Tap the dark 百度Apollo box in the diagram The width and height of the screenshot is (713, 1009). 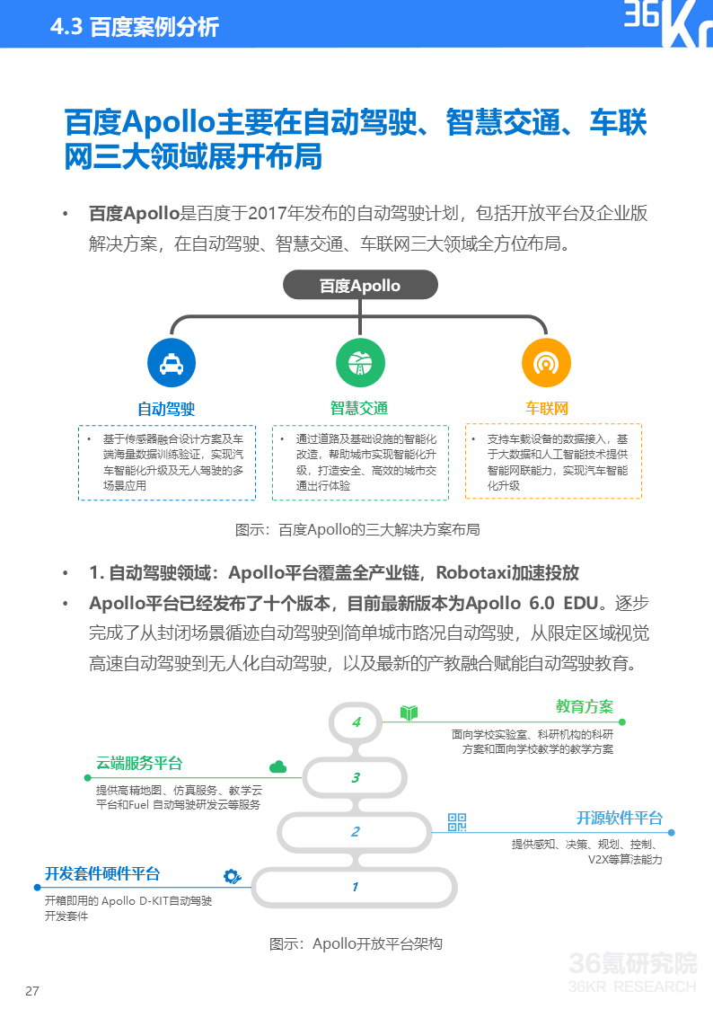click(360, 286)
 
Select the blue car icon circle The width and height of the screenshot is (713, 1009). click(172, 364)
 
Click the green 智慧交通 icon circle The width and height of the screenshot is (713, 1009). click(360, 364)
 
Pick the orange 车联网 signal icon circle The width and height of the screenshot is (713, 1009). click(546, 364)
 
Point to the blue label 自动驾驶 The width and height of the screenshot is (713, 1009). click(166, 409)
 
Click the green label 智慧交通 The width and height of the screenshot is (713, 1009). click(359, 409)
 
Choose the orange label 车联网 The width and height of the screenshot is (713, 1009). click(547, 409)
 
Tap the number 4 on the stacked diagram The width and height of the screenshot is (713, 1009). click(356, 722)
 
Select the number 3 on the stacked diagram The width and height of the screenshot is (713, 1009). click(356, 778)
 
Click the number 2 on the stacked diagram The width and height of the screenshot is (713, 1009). click(356, 832)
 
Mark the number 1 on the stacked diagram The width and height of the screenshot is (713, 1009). click(355, 887)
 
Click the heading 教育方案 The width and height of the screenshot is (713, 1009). click(584, 706)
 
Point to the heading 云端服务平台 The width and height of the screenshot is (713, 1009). click(139, 764)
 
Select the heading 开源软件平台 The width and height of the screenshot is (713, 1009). click(619, 818)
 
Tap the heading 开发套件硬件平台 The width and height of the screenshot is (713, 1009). click(102, 873)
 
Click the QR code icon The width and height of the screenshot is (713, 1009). click(457, 821)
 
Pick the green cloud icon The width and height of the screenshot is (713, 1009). click(277, 766)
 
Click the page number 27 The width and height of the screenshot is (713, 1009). click(32, 991)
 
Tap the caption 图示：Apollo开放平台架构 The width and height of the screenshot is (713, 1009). click(356, 943)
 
